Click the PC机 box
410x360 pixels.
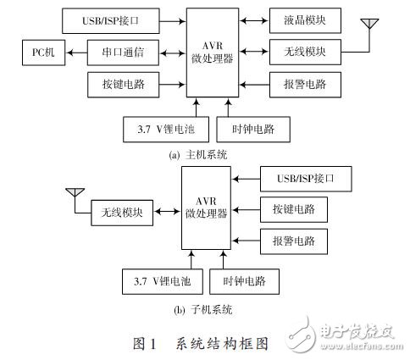(x=42, y=53)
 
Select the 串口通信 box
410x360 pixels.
(x=120, y=53)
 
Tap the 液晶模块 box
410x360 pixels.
(x=305, y=19)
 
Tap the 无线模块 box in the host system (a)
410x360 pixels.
(x=305, y=53)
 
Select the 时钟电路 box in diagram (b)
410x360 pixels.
(x=248, y=280)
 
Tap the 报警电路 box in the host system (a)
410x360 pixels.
(x=305, y=85)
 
